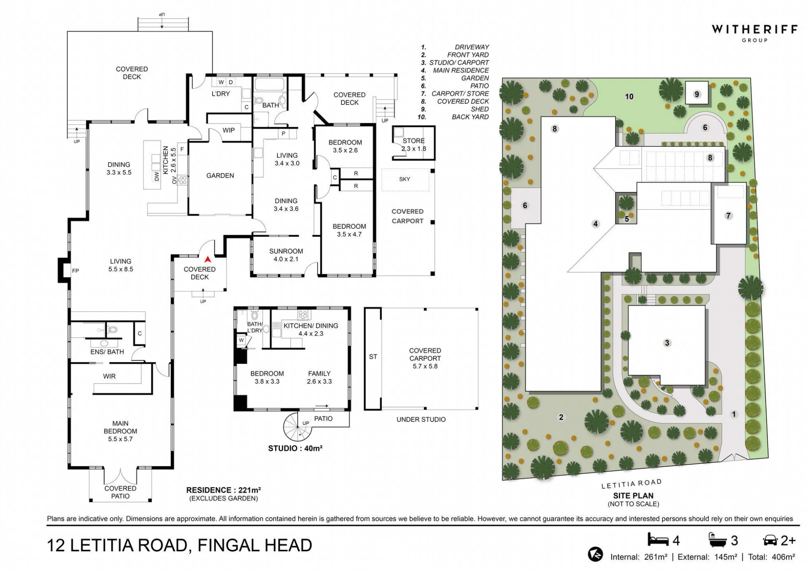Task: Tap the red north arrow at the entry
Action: tap(208, 259)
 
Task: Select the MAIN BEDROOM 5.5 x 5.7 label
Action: tap(121, 431)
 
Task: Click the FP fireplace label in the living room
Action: tap(76, 271)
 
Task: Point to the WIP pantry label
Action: tap(229, 130)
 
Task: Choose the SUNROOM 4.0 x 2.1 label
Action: tap(286, 255)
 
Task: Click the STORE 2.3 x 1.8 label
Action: tap(414, 145)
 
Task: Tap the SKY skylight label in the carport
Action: tap(404, 179)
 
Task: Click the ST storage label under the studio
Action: tap(373, 357)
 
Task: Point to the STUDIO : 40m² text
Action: tap(295, 448)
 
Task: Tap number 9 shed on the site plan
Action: tap(697, 94)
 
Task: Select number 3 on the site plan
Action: tap(667, 343)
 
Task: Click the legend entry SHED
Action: tap(480, 109)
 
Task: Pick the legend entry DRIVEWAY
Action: tap(472, 47)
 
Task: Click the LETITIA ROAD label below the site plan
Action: tap(631, 484)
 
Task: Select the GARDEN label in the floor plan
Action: tap(220, 176)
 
